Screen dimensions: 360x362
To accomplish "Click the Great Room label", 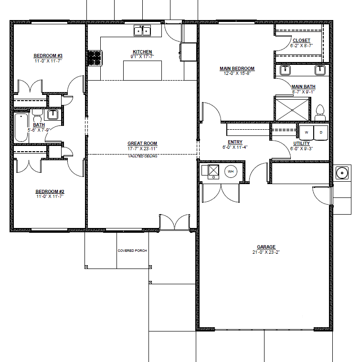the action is [x=142, y=144].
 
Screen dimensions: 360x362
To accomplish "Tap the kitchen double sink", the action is [x=142, y=31].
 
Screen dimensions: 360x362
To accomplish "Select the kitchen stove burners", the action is [x=95, y=58].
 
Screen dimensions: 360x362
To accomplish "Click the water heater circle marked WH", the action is [x=231, y=172].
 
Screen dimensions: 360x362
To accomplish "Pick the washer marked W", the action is [x=307, y=133].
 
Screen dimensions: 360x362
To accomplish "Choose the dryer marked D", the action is [x=321, y=133].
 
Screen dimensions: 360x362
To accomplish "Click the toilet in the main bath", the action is [x=320, y=113].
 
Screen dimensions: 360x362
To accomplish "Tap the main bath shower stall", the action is [x=292, y=110].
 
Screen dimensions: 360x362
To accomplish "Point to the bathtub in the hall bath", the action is [x=21, y=127].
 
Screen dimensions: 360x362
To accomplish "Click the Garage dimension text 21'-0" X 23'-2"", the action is [x=266, y=252].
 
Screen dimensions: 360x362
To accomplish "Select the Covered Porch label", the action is [x=132, y=250].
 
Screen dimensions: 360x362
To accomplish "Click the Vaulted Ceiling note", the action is [x=143, y=156].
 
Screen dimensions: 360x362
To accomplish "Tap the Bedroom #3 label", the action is [x=48, y=56].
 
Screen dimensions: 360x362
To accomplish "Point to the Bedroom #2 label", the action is [x=50, y=191].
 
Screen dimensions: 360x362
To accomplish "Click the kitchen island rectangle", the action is [x=142, y=71].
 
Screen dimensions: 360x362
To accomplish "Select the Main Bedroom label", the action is [x=237, y=68].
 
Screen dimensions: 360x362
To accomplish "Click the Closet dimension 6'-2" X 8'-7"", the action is [x=302, y=46].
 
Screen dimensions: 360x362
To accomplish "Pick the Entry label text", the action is [x=235, y=142].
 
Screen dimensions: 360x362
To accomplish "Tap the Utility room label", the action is [x=302, y=144].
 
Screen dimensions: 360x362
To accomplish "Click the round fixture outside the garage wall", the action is [x=342, y=173].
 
